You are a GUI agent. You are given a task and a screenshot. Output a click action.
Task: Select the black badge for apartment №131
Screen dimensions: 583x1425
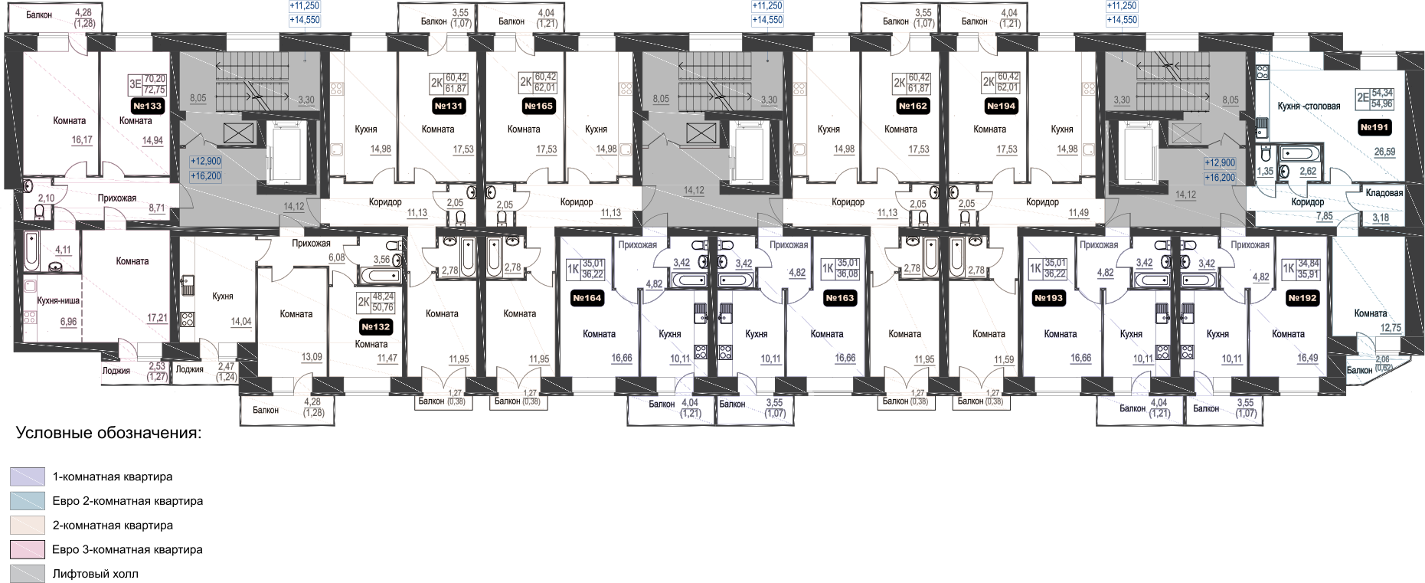(448, 106)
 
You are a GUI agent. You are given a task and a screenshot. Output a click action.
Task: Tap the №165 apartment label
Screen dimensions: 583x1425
(538, 106)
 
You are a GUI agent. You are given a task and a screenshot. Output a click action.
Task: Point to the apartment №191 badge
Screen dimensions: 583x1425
(1374, 127)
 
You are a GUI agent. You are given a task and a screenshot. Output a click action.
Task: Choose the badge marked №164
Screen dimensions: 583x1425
(587, 298)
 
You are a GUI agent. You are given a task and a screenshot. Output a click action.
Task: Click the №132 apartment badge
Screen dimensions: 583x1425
(375, 327)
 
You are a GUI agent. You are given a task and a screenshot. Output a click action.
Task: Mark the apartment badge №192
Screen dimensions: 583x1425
(1302, 298)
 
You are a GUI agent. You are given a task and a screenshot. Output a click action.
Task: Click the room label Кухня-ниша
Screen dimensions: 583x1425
(58, 301)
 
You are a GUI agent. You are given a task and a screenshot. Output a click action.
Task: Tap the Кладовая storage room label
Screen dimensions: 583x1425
(1384, 193)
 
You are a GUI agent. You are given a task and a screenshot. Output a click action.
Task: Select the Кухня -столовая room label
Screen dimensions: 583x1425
(1309, 106)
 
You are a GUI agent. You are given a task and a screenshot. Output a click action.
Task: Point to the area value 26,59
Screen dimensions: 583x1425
(1384, 152)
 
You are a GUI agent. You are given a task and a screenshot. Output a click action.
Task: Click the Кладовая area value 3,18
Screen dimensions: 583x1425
(1380, 218)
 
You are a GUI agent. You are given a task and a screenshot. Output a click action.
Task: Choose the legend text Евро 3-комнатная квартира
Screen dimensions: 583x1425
(127, 549)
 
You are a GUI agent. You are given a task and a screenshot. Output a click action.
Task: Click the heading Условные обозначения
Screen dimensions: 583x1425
(108, 434)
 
